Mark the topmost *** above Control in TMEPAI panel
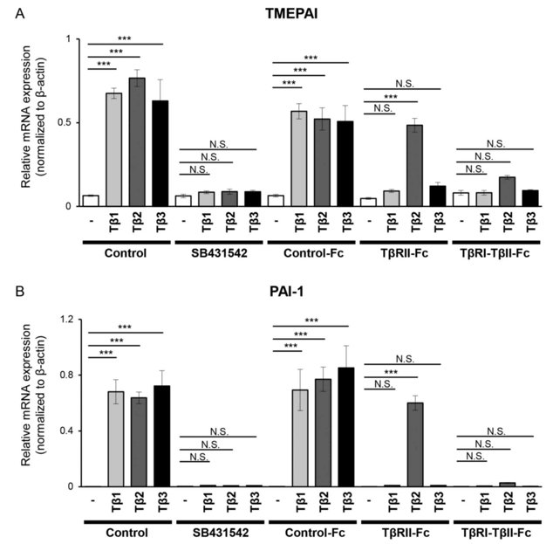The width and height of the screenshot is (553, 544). pyautogui.click(x=126, y=39)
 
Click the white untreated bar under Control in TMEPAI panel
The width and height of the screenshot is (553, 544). pyautogui.click(x=91, y=201)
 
